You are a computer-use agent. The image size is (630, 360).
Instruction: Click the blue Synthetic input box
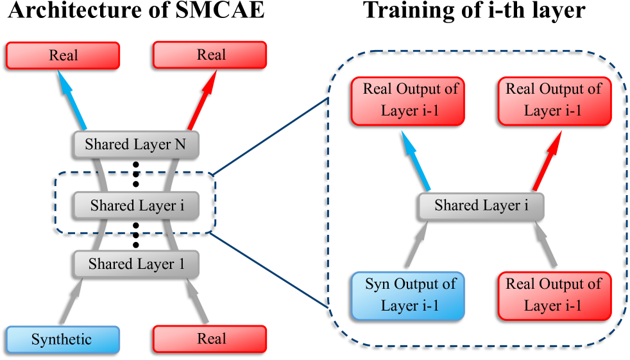click(x=63, y=339)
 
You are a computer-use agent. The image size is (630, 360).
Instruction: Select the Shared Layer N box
click(x=135, y=144)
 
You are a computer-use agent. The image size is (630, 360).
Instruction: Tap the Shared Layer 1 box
click(x=135, y=264)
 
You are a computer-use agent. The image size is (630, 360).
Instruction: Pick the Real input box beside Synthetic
click(x=210, y=339)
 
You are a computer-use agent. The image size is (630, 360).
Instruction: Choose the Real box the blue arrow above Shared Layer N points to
click(x=63, y=55)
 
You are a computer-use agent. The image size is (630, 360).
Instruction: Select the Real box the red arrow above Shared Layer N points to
click(x=210, y=55)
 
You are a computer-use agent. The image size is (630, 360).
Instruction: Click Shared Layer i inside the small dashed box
click(x=135, y=205)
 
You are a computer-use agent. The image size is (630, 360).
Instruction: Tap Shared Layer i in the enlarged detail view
click(x=481, y=206)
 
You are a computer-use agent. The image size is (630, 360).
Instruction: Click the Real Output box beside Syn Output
click(x=554, y=295)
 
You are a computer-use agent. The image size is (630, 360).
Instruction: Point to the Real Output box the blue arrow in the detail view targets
click(x=407, y=101)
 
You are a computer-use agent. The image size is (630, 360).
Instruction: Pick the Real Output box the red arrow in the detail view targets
click(x=554, y=101)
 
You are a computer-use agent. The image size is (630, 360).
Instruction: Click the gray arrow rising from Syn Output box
click(x=416, y=244)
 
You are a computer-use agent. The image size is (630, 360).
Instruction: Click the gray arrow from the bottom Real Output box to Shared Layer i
click(x=547, y=244)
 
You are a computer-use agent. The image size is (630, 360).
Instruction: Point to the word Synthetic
click(x=62, y=339)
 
